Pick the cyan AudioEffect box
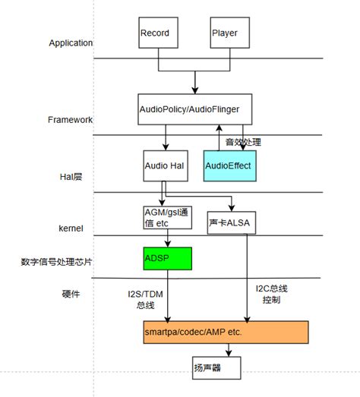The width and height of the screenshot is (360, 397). [229, 165]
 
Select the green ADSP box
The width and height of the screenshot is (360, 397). [167, 258]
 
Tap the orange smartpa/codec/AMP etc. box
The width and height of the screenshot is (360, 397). [226, 332]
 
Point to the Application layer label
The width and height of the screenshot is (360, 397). [71, 43]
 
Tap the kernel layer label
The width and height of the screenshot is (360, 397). [71, 228]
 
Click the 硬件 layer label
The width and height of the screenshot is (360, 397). [71, 295]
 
